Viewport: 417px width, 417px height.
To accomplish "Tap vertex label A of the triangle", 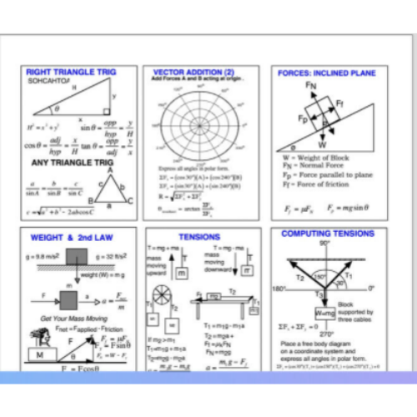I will pos(109,171).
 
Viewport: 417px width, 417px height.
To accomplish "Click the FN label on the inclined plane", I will pos(310,86).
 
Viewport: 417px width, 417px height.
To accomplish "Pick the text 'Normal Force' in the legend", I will pos(321,165).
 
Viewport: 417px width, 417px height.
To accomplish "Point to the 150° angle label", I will pos(297,279).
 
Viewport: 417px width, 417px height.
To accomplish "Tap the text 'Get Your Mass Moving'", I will pos(69,319).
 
